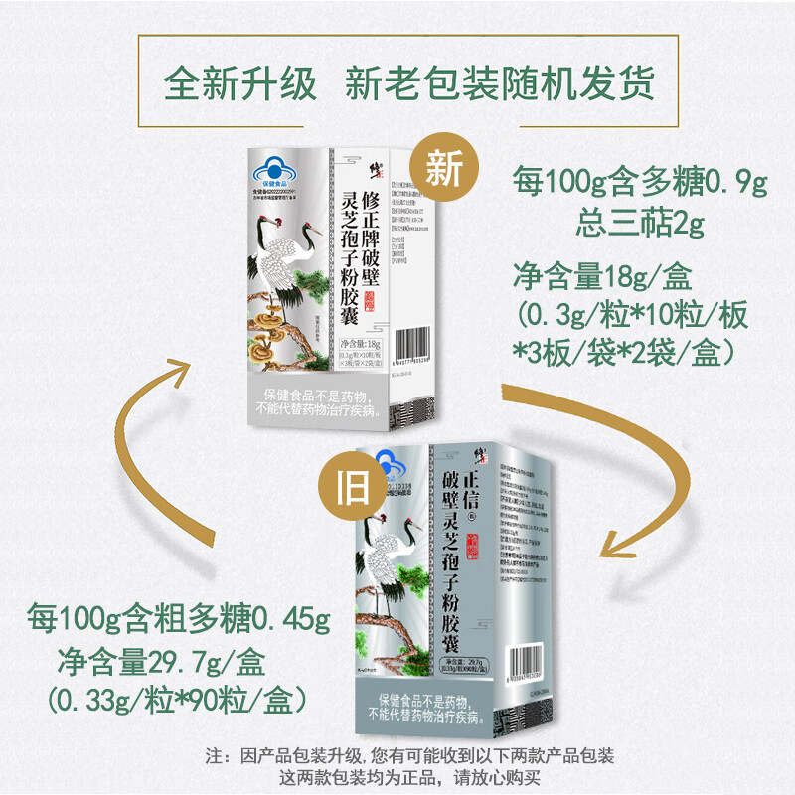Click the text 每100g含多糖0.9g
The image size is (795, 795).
[x=640, y=183]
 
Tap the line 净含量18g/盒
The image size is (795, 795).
[x=608, y=274]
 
